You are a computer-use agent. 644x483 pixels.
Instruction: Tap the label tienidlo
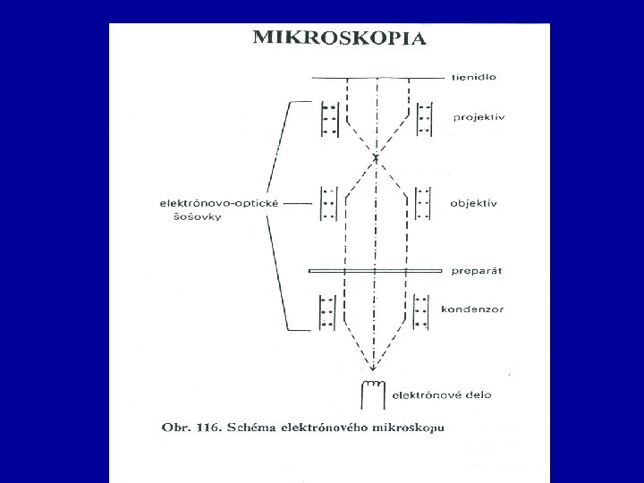tap(474, 78)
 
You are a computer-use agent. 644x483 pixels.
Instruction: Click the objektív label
tap(475, 203)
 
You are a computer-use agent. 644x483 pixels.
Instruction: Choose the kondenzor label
tap(472, 309)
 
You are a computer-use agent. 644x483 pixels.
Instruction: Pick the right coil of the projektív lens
tap(423, 118)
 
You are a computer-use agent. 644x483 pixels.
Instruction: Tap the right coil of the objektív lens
tap(423, 203)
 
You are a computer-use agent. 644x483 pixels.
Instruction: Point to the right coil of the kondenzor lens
tap(423, 309)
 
